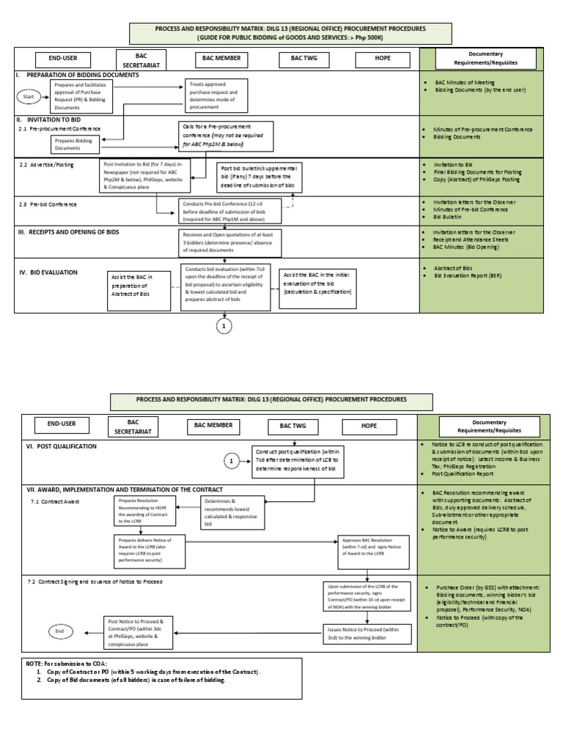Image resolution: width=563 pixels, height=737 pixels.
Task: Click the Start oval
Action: pyautogui.click(x=29, y=96)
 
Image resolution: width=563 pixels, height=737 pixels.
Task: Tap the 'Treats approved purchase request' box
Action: pyautogui.click(x=217, y=95)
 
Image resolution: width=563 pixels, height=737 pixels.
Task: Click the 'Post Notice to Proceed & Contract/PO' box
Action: pyautogui.click(x=139, y=631)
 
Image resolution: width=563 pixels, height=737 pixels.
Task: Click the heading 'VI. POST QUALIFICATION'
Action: pyautogui.click(x=61, y=446)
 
